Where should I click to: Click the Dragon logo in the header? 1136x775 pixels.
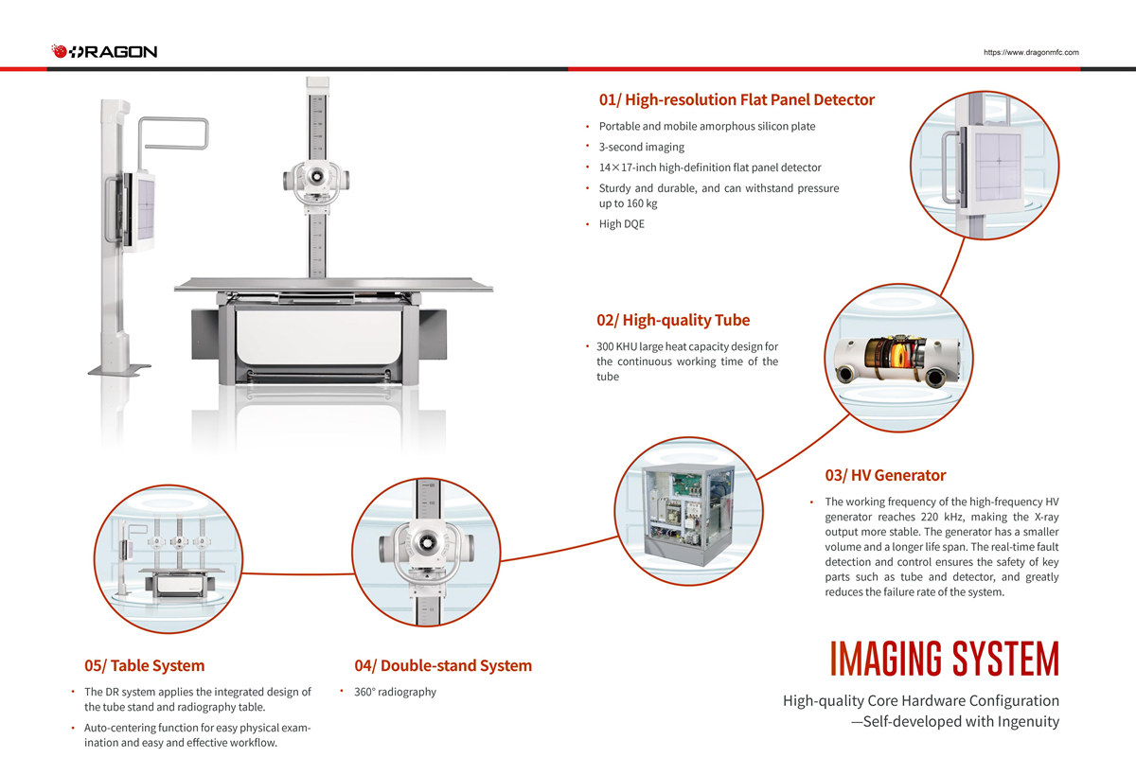click(x=104, y=51)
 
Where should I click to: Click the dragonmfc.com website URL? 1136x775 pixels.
click(x=1031, y=53)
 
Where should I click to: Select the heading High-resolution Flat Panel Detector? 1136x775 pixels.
click(x=737, y=99)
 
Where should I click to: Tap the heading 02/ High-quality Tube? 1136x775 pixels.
click(x=672, y=320)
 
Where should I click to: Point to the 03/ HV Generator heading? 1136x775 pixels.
click(x=885, y=475)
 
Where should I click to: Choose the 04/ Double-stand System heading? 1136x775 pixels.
click(x=443, y=665)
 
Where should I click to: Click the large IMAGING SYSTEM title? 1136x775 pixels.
click(x=944, y=659)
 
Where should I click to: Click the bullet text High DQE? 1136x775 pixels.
click(x=621, y=224)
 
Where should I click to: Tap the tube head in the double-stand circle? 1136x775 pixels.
click(x=427, y=547)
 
